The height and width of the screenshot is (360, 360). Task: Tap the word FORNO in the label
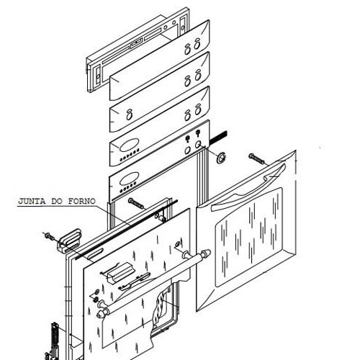(82, 201)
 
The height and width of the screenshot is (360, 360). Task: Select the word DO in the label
(57, 201)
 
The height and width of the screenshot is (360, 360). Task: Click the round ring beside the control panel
(221, 158)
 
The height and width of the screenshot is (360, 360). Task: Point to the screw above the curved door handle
(258, 159)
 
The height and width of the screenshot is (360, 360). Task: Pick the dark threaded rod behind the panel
(218, 138)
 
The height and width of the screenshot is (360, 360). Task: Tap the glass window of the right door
(249, 238)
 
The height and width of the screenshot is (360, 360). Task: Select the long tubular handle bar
(153, 282)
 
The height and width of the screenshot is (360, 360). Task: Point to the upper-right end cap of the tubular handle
(206, 253)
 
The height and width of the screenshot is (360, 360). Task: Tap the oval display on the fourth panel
(129, 145)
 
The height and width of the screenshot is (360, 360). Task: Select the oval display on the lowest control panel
(129, 179)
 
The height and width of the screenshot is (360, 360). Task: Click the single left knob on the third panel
(130, 114)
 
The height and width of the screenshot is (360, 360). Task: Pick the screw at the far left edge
(49, 235)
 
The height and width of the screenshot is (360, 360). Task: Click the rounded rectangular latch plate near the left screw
(69, 241)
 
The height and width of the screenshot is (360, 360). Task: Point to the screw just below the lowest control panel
(136, 204)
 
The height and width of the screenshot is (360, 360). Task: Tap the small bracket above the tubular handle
(118, 274)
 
